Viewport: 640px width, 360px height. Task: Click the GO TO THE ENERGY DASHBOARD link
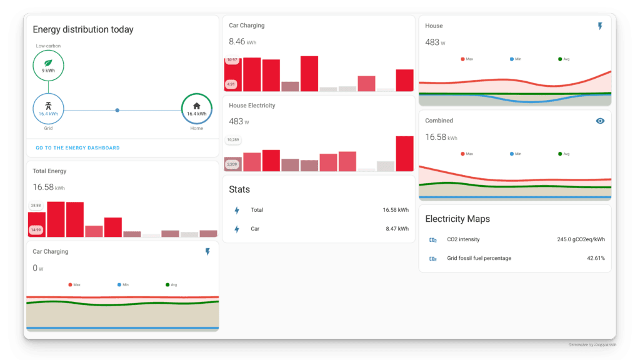(77, 148)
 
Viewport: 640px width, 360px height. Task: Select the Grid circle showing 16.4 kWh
(48, 109)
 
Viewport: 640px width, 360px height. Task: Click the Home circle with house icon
(197, 109)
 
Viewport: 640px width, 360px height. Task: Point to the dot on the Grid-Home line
(117, 110)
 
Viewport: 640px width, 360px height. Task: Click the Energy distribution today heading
(82, 29)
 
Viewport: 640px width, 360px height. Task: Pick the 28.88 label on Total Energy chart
(36, 205)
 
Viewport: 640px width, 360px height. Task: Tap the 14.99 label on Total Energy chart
(36, 230)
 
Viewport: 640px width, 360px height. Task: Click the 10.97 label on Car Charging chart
(231, 60)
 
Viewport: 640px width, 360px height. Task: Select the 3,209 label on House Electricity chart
(232, 164)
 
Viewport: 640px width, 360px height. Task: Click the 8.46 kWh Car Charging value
(242, 42)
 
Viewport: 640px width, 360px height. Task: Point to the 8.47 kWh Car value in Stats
(397, 229)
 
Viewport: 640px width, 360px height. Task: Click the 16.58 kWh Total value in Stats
(395, 210)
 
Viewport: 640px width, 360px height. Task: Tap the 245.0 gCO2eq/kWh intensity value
(581, 239)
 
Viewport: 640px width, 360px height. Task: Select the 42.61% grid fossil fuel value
(595, 258)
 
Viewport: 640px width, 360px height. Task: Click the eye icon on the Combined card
(600, 121)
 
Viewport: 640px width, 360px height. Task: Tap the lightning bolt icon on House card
(600, 26)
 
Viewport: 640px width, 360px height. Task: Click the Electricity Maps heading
(457, 219)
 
